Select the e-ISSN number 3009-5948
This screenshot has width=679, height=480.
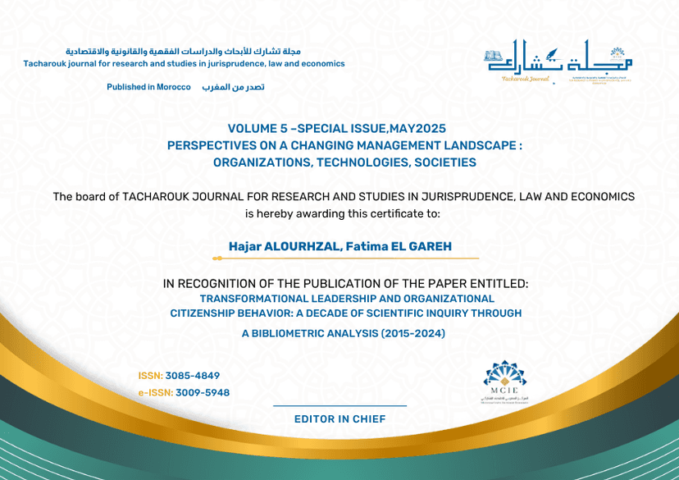pyautogui.click(x=202, y=392)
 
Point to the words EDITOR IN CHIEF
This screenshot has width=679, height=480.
pyautogui.click(x=339, y=419)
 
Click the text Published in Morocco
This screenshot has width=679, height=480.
pyautogui.click(x=148, y=87)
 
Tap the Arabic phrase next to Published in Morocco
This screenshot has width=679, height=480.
pyautogui.click(x=234, y=87)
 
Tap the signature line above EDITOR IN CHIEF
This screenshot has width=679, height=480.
pyautogui.click(x=339, y=405)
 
